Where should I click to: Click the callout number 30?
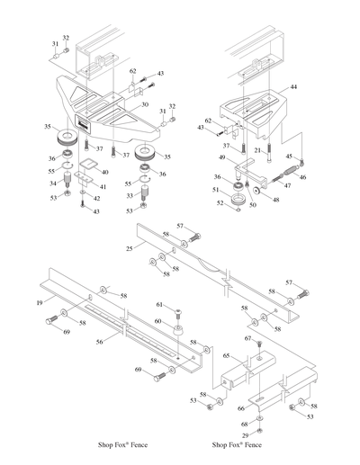pos(144,105)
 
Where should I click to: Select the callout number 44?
pos(292,88)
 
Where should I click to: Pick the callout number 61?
pos(158,306)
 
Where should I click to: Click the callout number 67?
pos(247,338)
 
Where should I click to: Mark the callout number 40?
pos(105,172)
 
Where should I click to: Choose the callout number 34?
pos(53,183)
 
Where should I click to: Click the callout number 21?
pos(256,150)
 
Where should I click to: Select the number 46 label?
pos(301,178)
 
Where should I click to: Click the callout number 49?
pos(221,156)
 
